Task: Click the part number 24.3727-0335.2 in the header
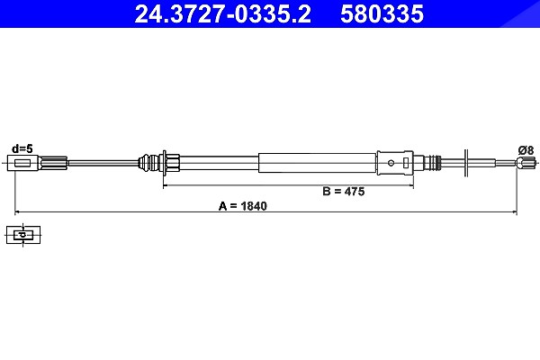click(222, 14)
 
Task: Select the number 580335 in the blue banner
click(382, 14)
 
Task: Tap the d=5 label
click(22, 148)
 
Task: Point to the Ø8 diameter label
click(526, 150)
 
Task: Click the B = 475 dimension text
click(344, 191)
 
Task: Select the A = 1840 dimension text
click(242, 206)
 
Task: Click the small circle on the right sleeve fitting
click(391, 163)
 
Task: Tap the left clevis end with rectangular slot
click(23, 163)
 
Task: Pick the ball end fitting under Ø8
click(526, 162)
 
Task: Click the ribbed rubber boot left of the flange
click(148, 162)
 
